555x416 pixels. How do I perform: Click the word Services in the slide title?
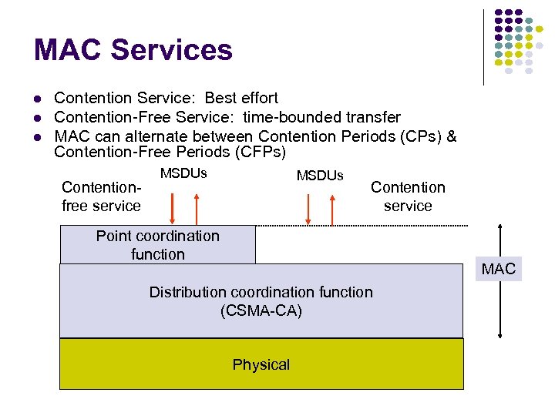[x=172, y=50]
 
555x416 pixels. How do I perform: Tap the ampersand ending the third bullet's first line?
[x=452, y=136]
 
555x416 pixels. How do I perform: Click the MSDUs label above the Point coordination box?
[x=183, y=173]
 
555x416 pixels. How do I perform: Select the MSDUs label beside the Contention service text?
[x=320, y=176]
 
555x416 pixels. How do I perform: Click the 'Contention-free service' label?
[x=101, y=196]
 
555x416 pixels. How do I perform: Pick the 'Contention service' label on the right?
[x=408, y=196]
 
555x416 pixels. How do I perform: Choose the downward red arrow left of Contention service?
[x=308, y=208]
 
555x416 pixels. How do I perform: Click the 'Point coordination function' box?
[x=157, y=245]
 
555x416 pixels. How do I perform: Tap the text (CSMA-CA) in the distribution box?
[x=261, y=311]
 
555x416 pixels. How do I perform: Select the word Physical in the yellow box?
[x=261, y=364]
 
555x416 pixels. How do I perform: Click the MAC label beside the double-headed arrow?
[x=498, y=270]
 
